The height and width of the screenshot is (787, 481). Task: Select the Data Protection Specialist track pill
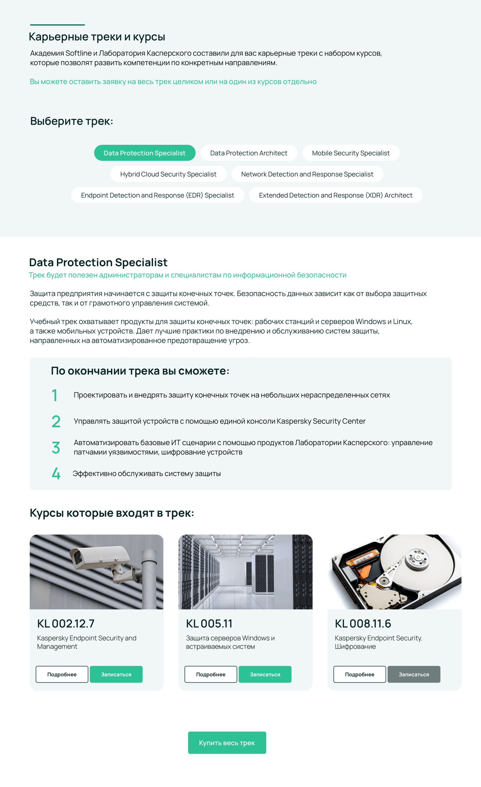click(x=144, y=153)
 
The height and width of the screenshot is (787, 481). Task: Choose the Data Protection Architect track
click(x=249, y=153)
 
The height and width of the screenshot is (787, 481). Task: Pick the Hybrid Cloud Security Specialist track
click(x=168, y=174)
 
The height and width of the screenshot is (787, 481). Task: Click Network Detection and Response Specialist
click(x=307, y=174)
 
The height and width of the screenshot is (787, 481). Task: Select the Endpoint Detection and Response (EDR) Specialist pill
click(x=157, y=195)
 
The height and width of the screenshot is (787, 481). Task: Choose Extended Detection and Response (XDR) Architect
click(x=336, y=195)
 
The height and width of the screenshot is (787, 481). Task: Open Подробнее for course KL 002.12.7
click(x=62, y=674)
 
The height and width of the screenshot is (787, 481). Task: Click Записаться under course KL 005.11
click(x=265, y=674)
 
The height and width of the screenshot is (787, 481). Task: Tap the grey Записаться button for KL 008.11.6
click(x=413, y=674)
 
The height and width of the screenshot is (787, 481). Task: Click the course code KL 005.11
click(x=209, y=623)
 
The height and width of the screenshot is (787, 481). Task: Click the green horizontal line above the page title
click(x=57, y=25)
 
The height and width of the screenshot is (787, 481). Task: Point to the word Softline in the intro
click(x=78, y=53)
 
